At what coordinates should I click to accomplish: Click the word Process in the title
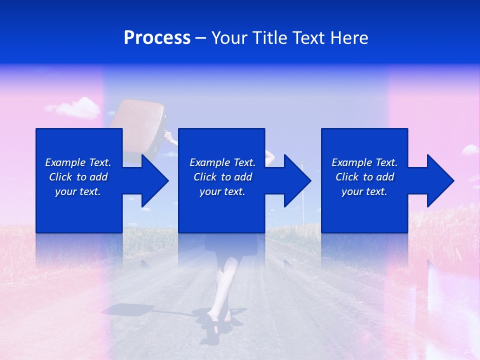[x=157, y=38]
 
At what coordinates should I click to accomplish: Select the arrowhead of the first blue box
[x=155, y=180]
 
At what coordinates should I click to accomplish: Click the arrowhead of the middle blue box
[x=298, y=180]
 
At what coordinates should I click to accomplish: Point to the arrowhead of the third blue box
[x=440, y=180]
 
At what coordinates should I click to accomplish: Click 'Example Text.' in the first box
[x=78, y=162]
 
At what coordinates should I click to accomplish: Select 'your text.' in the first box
[x=78, y=191]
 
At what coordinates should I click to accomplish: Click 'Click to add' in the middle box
[x=222, y=177]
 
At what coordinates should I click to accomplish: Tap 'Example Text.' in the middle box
[x=222, y=162]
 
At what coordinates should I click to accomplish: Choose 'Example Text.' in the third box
[x=364, y=162]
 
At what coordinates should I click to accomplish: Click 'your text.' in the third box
[x=364, y=191]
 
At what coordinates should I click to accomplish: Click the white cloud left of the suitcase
[x=75, y=107]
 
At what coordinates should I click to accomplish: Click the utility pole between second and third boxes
[x=301, y=200]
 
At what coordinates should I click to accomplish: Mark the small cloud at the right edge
[x=469, y=149]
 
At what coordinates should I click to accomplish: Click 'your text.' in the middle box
[x=222, y=191]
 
